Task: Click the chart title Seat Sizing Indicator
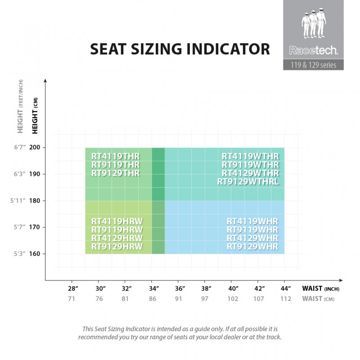click(x=180, y=49)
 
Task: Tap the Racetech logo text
click(x=313, y=49)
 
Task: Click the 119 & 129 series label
click(x=313, y=64)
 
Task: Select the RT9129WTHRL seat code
click(x=248, y=182)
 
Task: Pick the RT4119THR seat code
click(x=116, y=156)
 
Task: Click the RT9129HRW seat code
click(x=117, y=247)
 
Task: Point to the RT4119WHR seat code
click(x=252, y=221)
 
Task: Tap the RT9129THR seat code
click(x=116, y=173)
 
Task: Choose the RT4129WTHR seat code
click(x=250, y=173)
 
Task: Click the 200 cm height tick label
click(x=35, y=148)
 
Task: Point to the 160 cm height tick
click(x=35, y=253)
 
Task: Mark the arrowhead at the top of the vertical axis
click(x=45, y=81)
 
